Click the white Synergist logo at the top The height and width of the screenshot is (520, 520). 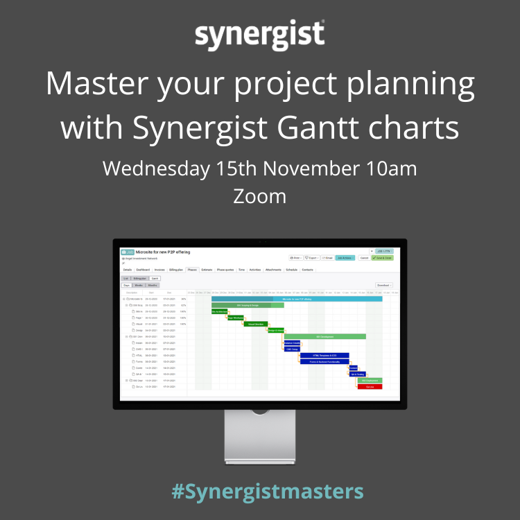click(259, 35)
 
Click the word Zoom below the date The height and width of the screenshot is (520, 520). click(259, 196)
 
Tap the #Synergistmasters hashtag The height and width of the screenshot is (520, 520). click(267, 492)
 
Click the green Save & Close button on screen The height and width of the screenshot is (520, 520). click(383, 257)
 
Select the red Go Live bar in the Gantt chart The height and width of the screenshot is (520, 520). click(370, 386)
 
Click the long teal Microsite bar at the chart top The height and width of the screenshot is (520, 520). click(297, 299)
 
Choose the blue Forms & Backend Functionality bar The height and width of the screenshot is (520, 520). click(324, 361)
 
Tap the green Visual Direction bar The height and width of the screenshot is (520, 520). click(254, 324)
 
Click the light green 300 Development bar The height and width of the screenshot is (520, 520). click(324, 336)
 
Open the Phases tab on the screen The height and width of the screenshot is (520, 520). click(192, 269)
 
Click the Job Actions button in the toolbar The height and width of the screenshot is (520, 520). click(345, 257)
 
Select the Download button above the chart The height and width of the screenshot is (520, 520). click(383, 285)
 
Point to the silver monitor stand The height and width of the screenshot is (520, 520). click(259, 437)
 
